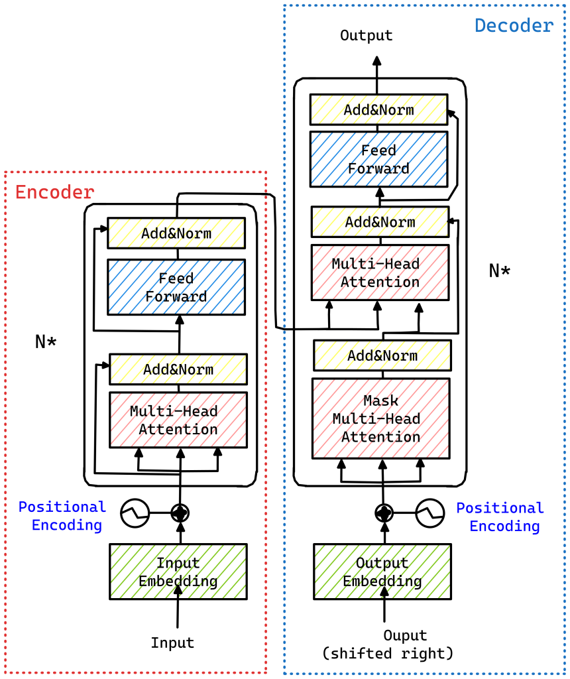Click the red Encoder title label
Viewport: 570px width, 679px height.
click(54, 192)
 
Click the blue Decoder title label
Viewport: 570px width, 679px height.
click(514, 26)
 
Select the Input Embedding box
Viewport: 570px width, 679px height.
click(178, 572)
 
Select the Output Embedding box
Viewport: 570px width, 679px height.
click(382, 572)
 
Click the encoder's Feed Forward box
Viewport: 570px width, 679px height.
click(176, 287)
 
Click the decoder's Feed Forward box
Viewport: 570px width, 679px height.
click(378, 159)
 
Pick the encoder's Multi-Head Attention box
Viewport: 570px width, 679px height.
click(178, 420)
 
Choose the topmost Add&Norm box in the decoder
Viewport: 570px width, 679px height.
click(378, 109)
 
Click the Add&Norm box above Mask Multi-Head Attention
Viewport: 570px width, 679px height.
click(382, 355)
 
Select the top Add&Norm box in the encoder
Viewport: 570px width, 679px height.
click(176, 233)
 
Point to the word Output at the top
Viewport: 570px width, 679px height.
click(366, 35)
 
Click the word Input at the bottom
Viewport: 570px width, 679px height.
click(172, 643)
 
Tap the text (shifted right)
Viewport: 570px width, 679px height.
click(388, 653)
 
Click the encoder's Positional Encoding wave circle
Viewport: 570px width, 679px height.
click(135, 513)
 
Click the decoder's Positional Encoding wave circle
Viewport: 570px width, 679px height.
click(429, 513)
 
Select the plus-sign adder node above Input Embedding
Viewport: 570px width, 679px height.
click(180, 513)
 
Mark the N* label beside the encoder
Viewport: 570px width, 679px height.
click(46, 341)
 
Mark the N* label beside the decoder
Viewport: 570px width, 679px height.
click(500, 271)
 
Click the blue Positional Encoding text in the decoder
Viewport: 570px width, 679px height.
click(500, 517)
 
